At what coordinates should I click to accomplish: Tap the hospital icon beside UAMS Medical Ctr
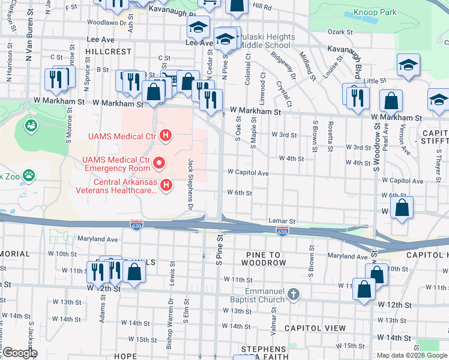pos(166,137)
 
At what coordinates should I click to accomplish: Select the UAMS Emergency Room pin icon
pos(159,163)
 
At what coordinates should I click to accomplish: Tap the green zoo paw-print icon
pos(28,175)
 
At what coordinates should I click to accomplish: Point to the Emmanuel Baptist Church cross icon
pos(292,294)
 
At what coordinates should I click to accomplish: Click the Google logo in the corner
pos(19,353)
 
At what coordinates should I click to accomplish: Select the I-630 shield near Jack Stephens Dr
pos(136,224)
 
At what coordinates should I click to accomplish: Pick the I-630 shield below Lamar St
pos(282,231)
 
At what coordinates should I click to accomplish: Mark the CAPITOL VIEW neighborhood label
pos(315,328)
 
